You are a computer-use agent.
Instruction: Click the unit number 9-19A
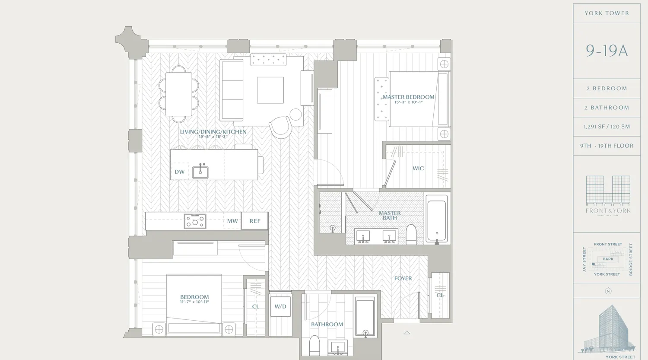coord(607,51)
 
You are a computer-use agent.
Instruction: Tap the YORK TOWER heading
coord(607,13)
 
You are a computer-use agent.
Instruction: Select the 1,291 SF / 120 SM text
coord(607,127)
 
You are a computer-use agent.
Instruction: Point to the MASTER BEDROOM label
coord(408,97)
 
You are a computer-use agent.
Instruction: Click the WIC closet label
coord(418,169)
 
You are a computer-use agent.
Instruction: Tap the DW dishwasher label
coord(180,172)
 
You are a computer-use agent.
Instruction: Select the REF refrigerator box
coord(255,221)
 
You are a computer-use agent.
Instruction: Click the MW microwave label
coord(232,221)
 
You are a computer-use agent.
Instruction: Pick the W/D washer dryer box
coord(280,306)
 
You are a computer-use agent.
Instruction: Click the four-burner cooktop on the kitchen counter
coord(195,222)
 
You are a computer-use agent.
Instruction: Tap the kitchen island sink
coord(200,172)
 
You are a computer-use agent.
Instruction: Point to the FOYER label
coord(403,278)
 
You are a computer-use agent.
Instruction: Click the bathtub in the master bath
coord(437,218)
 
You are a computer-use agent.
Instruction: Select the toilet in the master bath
coord(411,235)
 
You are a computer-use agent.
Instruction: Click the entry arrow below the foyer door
coord(407,332)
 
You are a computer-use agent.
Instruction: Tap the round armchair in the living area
coord(281,127)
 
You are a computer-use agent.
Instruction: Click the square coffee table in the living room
coord(270,90)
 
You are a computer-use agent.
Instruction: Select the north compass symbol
coord(608,291)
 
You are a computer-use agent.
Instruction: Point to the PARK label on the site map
coord(608,259)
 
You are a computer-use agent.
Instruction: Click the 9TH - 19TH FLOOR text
coord(607,146)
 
